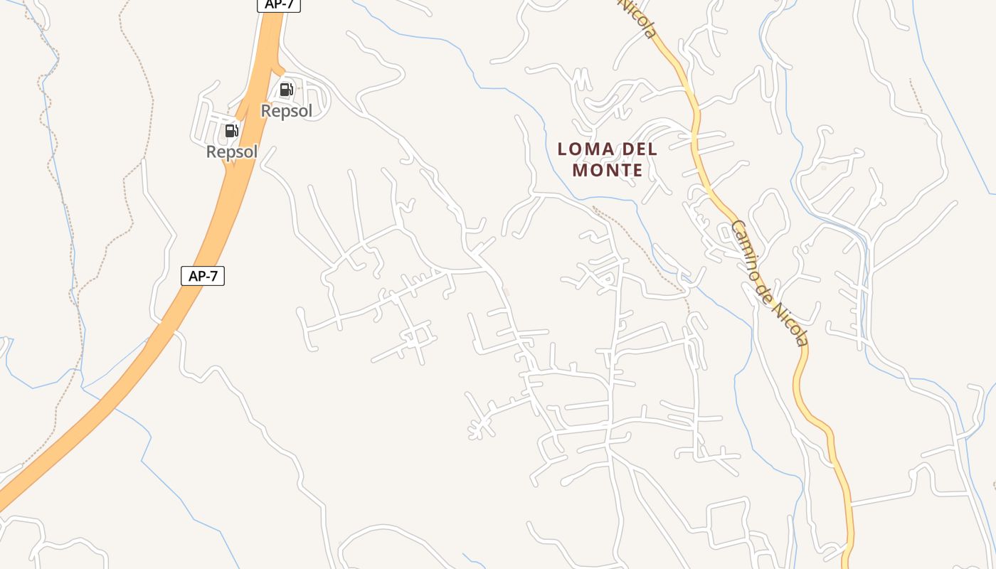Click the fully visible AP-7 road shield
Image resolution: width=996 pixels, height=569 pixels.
203,276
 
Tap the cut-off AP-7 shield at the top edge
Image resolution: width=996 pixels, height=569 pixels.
279,4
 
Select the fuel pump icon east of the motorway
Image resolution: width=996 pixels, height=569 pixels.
286,90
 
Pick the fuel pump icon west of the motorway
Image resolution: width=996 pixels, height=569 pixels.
231,131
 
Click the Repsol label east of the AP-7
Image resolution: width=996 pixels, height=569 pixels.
287,111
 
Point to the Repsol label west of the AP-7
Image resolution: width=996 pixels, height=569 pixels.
232,151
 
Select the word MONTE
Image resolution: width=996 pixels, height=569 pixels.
608,171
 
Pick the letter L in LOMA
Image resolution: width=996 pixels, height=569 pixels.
562,149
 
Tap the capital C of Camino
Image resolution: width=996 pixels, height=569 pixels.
736,229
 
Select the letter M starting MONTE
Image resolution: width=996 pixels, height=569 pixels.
579,171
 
